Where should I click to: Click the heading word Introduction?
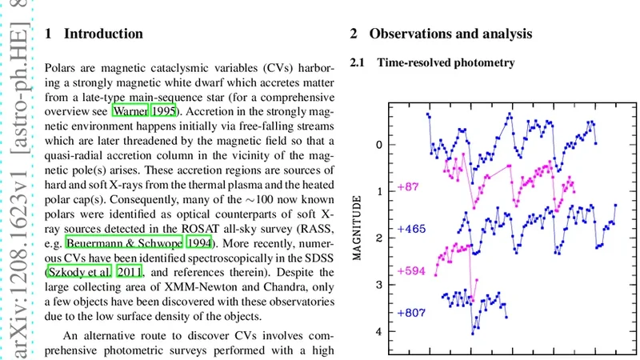[x=103, y=34]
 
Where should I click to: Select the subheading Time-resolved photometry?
[x=446, y=62]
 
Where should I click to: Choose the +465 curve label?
[x=411, y=230]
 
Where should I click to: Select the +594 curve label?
[x=411, y=270]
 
